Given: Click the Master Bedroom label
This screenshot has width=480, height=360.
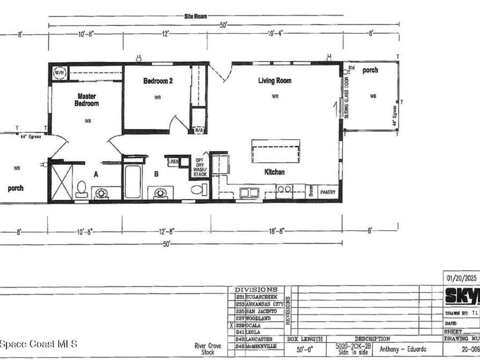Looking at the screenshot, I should pyautogui.click(x=87, y=100).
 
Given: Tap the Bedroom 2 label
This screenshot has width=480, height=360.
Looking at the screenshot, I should pyautogui.click(x=158, y=81).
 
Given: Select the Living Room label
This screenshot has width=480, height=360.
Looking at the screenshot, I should pyautogui.click(x=275, y=81).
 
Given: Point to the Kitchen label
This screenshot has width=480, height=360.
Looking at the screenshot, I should pyautogui.click(x=274, y=172).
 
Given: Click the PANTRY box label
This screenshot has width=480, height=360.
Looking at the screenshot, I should pyautogui.click(x=328, y=192).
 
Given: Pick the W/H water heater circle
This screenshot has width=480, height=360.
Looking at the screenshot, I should pyautogui.click(x=60, y=73).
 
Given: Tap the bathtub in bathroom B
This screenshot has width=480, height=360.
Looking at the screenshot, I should pyautogui.click(x=133, y=181).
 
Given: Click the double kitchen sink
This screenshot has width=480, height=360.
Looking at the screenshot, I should pyautogui.click(x=249, y=192).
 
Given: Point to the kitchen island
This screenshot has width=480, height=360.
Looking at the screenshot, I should pyautogui.click(x=276, y=151).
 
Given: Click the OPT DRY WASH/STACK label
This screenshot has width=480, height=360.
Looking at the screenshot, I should pyautogui.click(x=200, y=167).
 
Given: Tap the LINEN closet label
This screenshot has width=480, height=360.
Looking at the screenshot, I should pyautogui.click(x=173, y=162).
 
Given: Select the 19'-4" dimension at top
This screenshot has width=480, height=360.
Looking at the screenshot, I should pyautogui.click(x=276, y=33).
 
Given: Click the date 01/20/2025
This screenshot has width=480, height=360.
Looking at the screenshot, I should pyautogui.click(x=461, y=278).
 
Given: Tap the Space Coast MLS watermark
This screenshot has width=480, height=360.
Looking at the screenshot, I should pyautogui.click(x=38, y=344).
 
